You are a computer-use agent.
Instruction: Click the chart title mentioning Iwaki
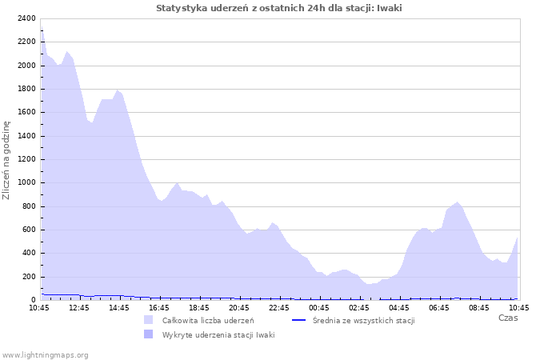coord(279,8)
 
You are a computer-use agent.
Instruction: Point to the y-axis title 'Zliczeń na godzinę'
coord(6,160)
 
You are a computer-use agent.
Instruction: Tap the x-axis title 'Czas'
coord(507,318)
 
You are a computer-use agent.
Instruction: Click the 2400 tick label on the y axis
coord(26,18)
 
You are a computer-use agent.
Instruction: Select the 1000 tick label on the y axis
coord(26,182)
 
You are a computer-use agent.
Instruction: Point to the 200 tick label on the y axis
coord(28,277)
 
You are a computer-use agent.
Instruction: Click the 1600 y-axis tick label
coord(26,112)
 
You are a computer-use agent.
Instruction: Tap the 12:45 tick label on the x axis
coord(79,307)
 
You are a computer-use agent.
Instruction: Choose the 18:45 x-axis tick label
coord(199,307)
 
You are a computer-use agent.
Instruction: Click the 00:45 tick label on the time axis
coord(319,307)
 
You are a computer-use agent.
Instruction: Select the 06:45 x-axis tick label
coord(439,307)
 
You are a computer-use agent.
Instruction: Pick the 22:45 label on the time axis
coord(279,307)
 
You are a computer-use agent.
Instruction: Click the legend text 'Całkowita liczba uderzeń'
coord(208,321)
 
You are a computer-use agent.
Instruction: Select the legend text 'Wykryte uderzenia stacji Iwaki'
coord(218,335)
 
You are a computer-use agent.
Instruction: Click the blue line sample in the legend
coord(299,320)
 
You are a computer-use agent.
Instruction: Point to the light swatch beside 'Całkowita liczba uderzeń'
coord(148,320)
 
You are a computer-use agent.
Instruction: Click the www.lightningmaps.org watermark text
coord(45,354)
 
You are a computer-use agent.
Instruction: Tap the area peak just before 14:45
coord(117,90)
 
